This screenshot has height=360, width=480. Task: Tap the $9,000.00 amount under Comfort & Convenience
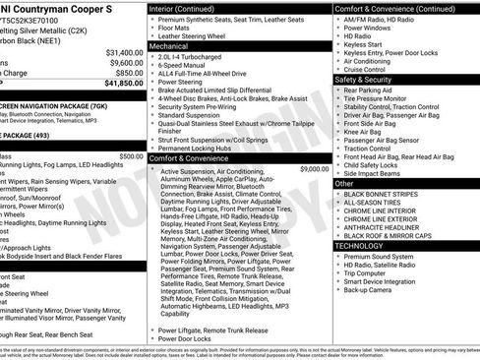point(314,169)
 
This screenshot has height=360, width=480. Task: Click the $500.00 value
point(130,155)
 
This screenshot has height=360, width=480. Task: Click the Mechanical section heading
point(169,45)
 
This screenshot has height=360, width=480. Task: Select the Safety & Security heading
point(365,79)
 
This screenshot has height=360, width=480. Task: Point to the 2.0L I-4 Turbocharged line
point(196,57)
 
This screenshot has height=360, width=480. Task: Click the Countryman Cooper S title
point(60,8)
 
